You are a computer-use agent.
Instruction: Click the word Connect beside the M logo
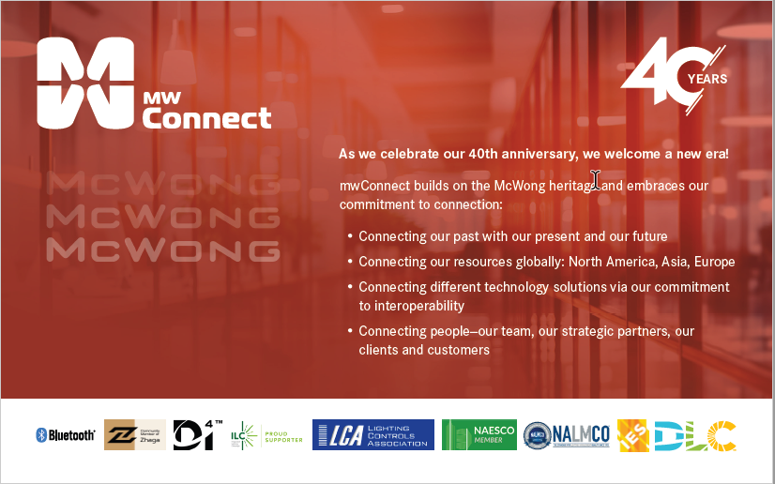point(206,118)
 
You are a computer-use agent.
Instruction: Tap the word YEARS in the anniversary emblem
point(707,80)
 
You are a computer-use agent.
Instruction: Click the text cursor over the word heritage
point(595,179)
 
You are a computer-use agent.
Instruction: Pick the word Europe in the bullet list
point(714,262)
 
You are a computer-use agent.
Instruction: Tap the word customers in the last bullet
point(459,350)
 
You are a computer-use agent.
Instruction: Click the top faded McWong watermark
point(162,184)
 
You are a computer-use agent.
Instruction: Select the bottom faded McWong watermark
point(162,250)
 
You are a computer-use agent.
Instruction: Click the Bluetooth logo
point(66,435)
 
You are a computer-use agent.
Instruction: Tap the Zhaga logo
point(134,434)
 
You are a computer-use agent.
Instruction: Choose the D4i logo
point(197,434)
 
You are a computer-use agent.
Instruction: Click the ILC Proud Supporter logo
point(266,435)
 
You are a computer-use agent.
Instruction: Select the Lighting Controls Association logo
point(372,434)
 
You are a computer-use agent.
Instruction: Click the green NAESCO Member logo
point(479,434)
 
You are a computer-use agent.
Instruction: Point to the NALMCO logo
point(567,434)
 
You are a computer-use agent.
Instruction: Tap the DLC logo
point(694,435)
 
